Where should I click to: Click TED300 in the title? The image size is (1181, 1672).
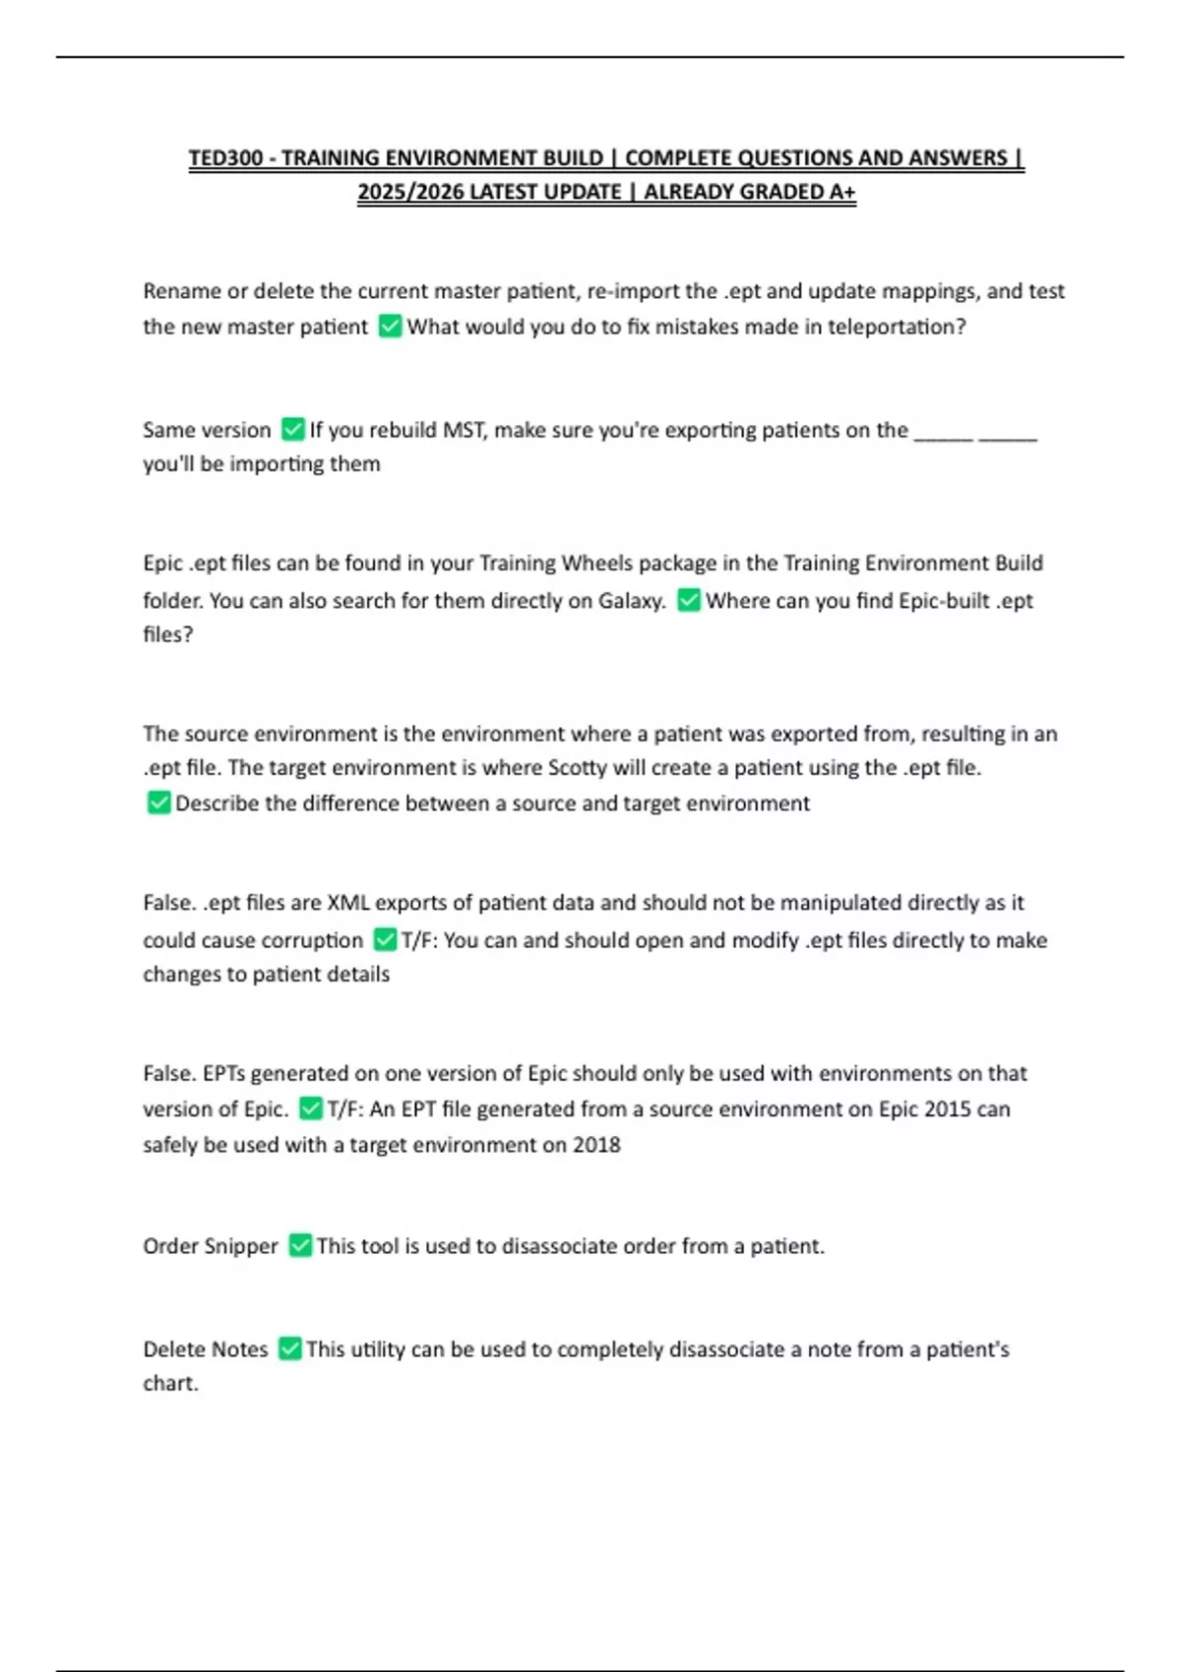pos(225,158)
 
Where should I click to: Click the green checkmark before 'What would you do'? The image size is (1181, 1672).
pos(391,326)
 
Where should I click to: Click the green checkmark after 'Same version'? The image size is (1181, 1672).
pos(292,429)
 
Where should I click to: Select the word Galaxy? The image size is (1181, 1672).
pos(631,601)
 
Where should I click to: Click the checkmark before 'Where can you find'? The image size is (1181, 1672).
pos(689,600)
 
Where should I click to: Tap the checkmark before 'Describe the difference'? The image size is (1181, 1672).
pos(158,803)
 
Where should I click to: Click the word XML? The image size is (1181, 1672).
pos(347,903)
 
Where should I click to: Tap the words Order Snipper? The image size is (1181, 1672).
pos(211,1246)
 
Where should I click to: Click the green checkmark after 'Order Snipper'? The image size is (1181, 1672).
pos(300,1245)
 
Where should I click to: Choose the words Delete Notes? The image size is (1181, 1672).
pos(206,1349)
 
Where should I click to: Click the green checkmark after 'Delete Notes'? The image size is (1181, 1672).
pos(289,1348)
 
